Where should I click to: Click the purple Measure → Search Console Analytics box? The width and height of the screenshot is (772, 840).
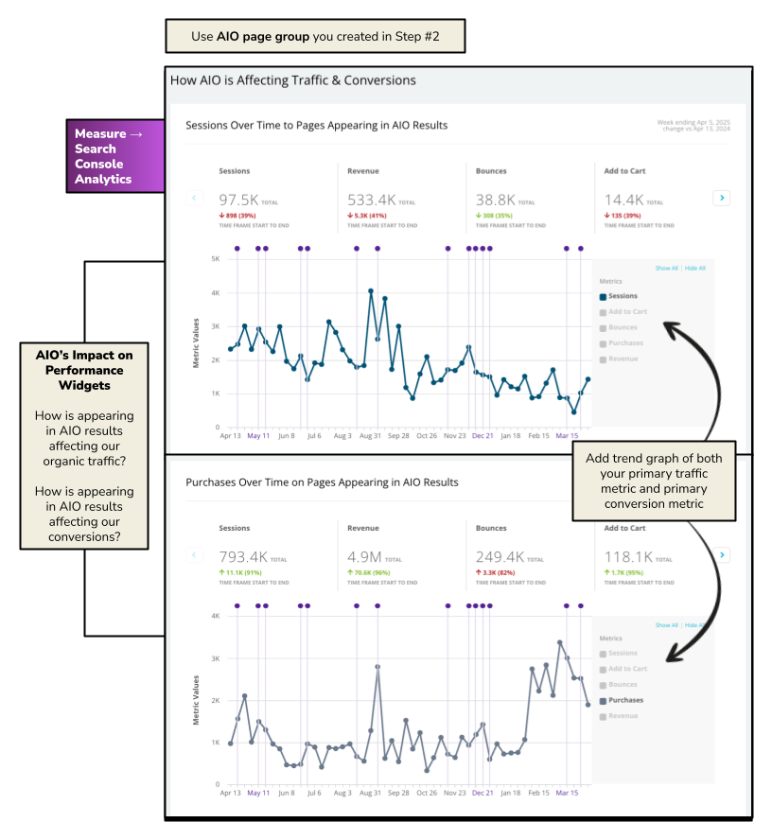click(x=114, y=156)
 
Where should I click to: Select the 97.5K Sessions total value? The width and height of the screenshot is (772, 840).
click(x=240, y=200)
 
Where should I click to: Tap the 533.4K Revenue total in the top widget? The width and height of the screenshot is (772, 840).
click(x=371, y=200)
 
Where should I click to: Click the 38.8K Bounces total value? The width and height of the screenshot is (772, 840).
click(x=496, y=200)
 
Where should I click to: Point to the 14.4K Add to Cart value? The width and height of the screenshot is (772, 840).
click(x=624, y=200)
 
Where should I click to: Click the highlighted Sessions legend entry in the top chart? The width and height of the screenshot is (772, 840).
click(x=622, y=296)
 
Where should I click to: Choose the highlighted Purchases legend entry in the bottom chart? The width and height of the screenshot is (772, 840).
click(x=624, y=700)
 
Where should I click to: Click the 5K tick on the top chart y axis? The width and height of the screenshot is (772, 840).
click(x=216, y=259)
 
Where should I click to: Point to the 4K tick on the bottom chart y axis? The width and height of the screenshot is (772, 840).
click(x=216, y=616)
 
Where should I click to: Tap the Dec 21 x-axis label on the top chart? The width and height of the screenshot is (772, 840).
click(x=483, y=436)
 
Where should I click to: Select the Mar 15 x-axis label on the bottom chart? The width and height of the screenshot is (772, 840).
click(x=567, y=794)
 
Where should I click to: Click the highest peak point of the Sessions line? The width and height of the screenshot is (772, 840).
click(x=371, y=291)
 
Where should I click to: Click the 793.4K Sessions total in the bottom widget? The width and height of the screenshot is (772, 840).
click(x=243, y=557)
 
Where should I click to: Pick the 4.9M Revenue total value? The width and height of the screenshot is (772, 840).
click(x=365, y=557)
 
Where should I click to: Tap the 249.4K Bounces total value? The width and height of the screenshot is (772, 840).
click(x=500, y=557)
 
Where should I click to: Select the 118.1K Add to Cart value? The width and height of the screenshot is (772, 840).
click(x=629, y=557)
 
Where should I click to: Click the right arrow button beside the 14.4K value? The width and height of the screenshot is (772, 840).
click(x=722, y=198)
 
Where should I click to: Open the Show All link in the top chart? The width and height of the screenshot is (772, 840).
click(x=666, y=269)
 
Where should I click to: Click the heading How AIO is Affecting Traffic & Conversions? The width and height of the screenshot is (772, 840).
click(x=292, y=80)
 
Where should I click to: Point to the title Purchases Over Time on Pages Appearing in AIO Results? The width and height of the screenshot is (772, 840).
click(x=322, y=482)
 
